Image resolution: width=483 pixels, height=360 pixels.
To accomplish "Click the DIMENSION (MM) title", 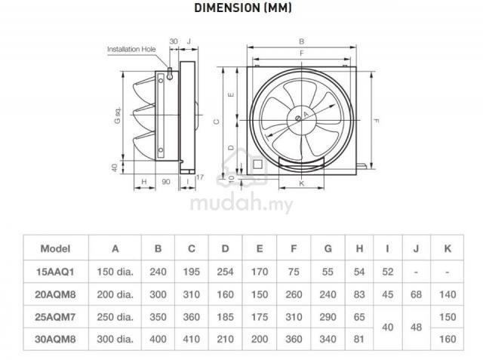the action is (243, 8).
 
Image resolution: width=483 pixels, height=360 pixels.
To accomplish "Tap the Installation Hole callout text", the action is (131, 49).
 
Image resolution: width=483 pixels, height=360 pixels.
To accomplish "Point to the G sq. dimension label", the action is (118, 116).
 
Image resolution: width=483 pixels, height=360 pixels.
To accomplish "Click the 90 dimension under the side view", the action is (166, 182).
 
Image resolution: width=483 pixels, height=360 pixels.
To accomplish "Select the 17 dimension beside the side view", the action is (199, 177).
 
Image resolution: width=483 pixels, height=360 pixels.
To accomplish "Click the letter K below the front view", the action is (302, 183).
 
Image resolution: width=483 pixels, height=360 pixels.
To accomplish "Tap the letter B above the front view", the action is (302, 42).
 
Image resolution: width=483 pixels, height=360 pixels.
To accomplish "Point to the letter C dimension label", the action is (217, 122).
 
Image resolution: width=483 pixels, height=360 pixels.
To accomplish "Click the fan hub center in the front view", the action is (298, 118).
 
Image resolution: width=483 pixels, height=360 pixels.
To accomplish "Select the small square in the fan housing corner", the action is (257, 164).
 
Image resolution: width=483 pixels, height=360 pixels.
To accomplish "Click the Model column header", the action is (55, 248).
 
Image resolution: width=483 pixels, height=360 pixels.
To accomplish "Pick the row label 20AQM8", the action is (55, 294).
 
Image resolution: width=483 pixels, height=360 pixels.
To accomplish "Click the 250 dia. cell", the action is (115, 317).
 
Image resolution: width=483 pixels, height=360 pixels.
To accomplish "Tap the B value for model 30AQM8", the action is (158, 339).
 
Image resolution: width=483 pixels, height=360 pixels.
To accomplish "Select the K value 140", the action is (448, 294).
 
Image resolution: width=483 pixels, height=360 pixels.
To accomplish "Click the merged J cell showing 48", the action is (416, 328).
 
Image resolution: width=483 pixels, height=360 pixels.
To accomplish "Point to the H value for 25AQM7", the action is (359, 317).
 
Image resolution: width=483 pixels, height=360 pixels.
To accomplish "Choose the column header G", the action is (328, 248).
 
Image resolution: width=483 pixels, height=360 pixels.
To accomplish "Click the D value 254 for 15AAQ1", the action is (225, 272).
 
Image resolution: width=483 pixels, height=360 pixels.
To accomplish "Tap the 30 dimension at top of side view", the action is (174, 42).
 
